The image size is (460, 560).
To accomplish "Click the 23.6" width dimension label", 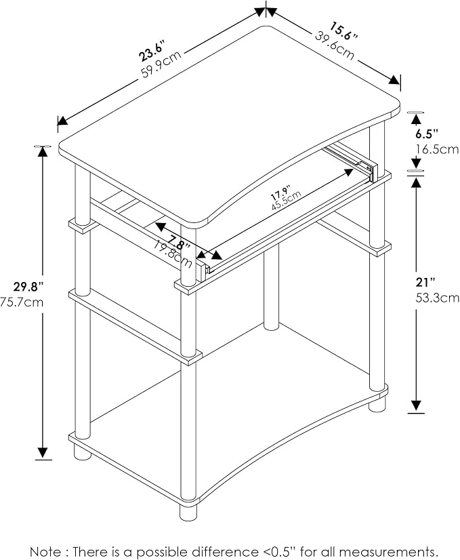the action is [x=152, y=51].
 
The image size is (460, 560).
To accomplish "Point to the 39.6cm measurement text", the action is [x=335, y=45].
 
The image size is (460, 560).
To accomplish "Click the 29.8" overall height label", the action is [x=28, y=286].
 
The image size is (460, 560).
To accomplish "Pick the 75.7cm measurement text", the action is [x=22, y=302].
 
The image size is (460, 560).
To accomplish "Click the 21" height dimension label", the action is [x=425, y=283].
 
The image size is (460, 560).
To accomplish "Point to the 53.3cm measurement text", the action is [x=438, y=298].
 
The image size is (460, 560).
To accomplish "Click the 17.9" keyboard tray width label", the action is [x=281, y=193].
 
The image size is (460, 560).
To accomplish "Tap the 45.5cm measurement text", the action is [x=287, y=201].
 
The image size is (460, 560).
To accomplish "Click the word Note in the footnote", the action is [x=45, y=551].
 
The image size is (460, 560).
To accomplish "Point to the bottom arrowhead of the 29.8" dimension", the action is [x=43, y=452].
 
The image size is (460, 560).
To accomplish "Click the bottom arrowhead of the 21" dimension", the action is [x=416, y=405].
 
